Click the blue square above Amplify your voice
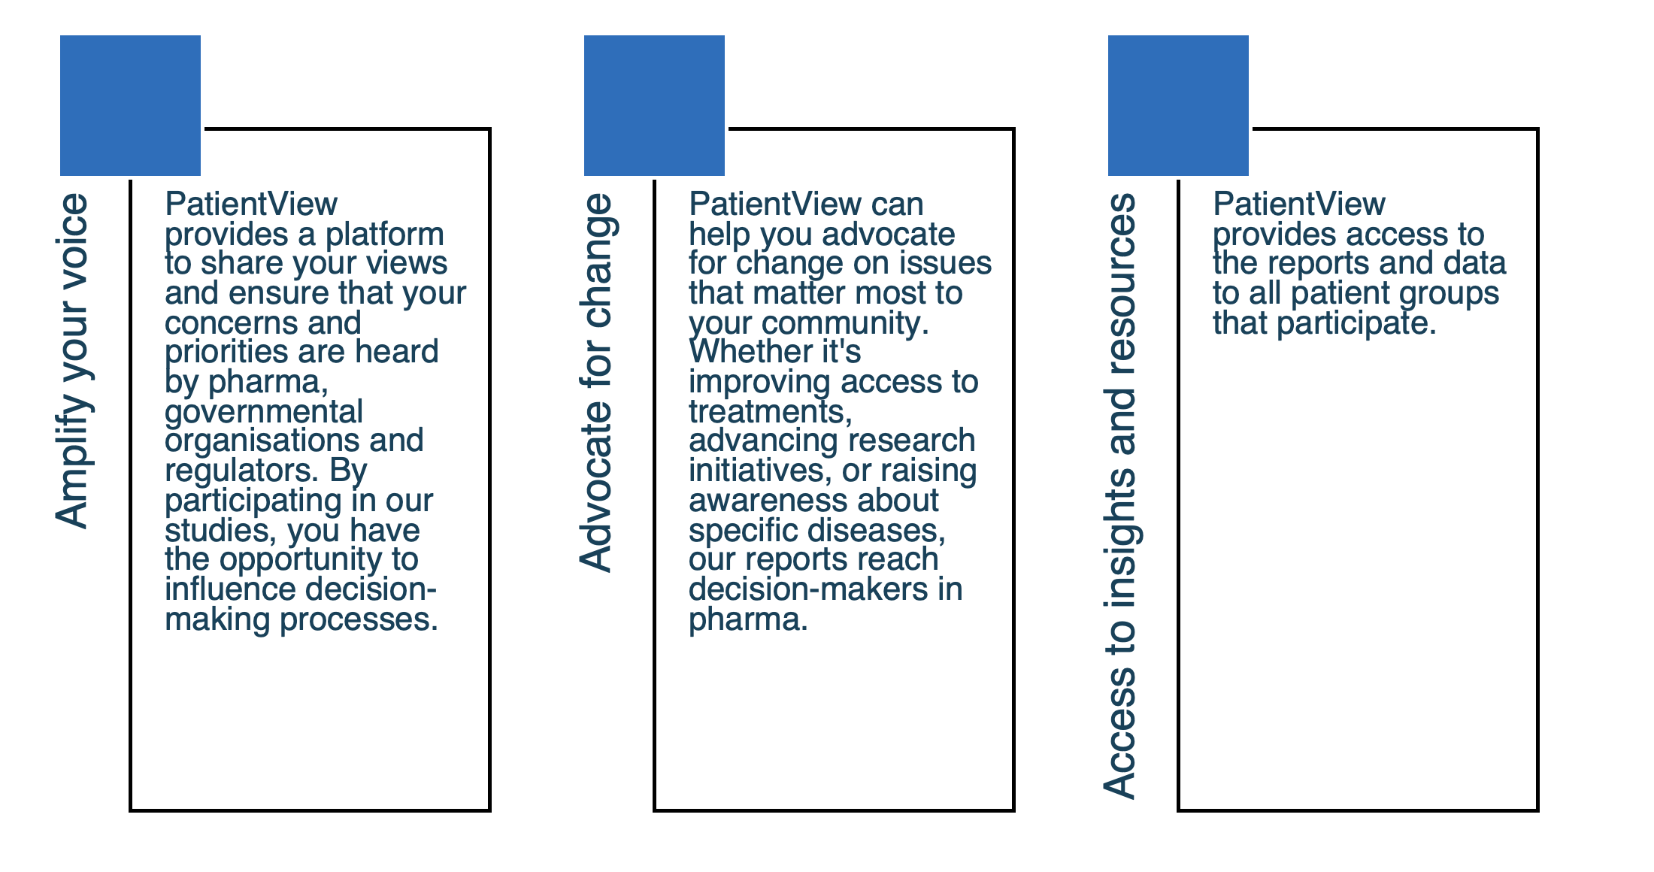click(130, 105)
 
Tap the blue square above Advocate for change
click(654, 105)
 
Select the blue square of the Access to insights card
click(1178, 105)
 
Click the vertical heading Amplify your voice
click(73, 361)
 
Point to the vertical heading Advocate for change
click(597, 383)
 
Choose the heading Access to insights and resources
click(1120, 495)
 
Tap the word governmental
click(264, 412)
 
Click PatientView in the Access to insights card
click(1299, 204)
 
